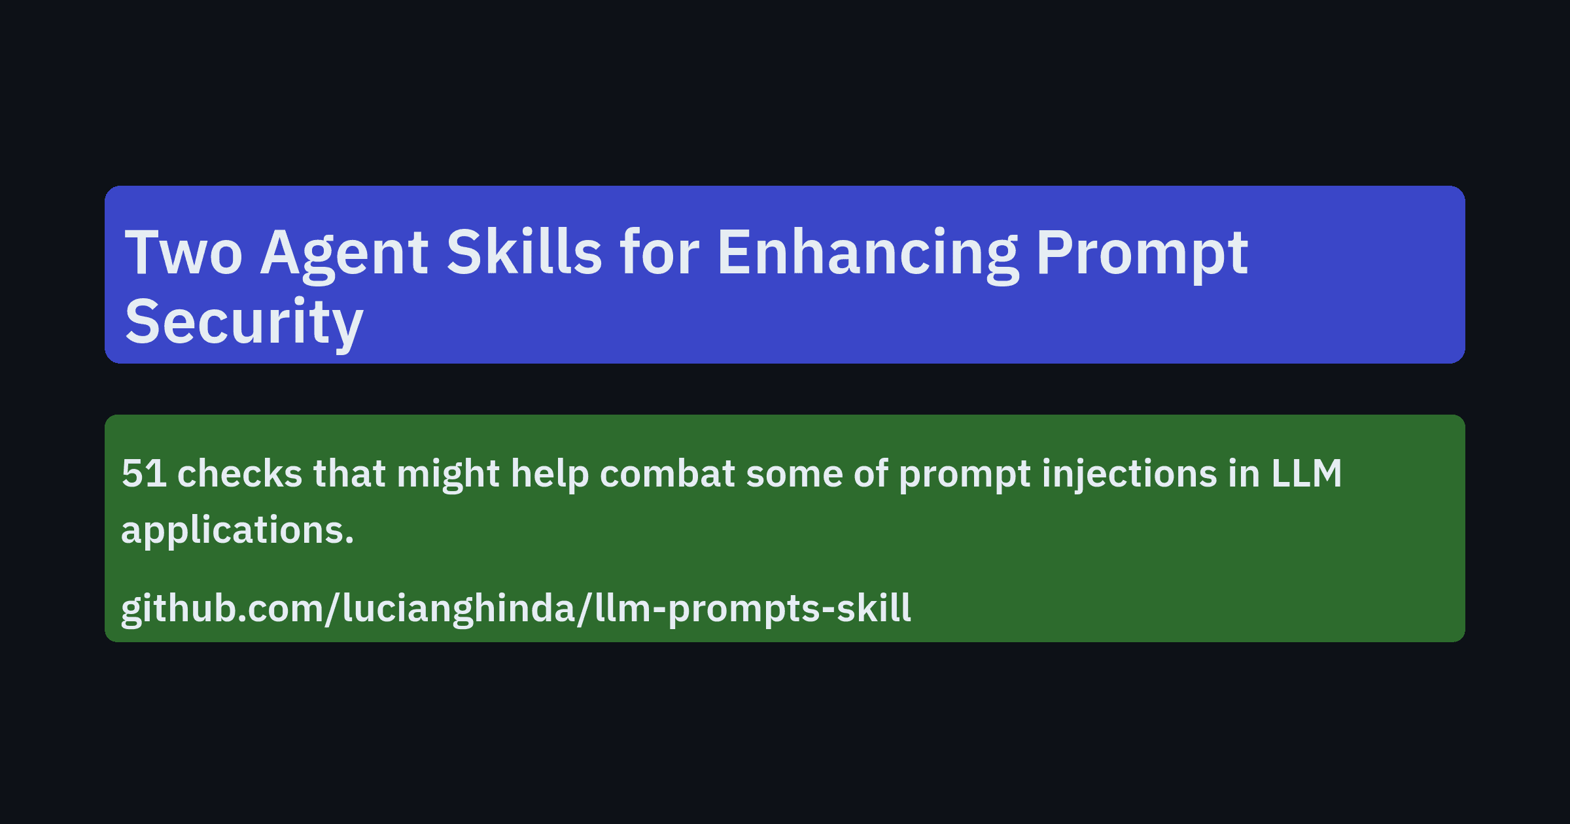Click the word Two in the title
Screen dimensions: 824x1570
pos(184,253)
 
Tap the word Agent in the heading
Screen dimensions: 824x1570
pos(344,253)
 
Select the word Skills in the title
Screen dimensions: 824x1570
pos(524,253)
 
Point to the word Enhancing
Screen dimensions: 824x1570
pos(867,253)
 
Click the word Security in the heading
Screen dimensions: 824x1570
pos(244,322)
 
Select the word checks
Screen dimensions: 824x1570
pos(240,473)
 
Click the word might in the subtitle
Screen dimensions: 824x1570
pos(448,473)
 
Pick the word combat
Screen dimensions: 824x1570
pos(667,473)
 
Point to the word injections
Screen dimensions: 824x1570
pos(1129,473)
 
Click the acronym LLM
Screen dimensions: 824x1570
pos(1306,473)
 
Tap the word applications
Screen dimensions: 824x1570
pos(237,530)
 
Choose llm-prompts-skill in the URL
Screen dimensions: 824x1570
pos(752,609)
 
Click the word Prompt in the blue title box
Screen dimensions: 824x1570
pos(1142,253)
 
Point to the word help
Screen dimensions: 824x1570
pos(549,473)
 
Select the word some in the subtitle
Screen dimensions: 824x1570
pos(794,473)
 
